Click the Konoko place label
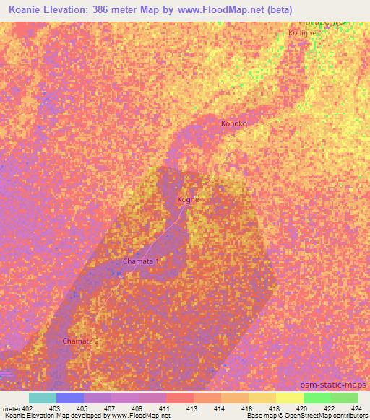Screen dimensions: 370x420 233,124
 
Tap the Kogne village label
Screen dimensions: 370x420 186,199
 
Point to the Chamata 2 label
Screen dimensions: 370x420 79,340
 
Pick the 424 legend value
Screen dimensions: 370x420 357,408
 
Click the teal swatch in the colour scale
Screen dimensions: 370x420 42,398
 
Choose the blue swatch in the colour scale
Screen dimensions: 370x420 69,398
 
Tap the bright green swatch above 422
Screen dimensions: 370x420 317,398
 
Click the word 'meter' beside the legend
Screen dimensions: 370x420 11,408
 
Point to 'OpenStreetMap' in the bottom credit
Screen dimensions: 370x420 296,416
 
